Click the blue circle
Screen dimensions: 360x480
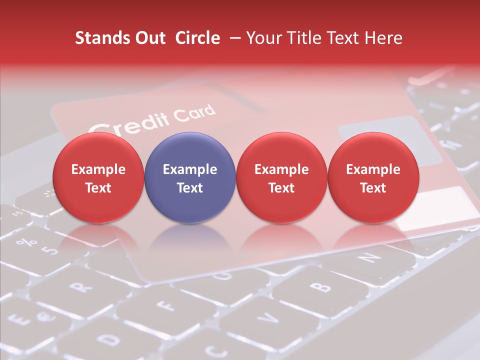pyautogui.click(x=190, y=178)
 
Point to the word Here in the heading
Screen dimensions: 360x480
pyautogui.click(x=384, y=38)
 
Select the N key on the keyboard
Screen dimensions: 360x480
pyautogui.click(x=367, y=257)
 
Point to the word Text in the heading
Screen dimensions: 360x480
pyautogui.click(x=345, y=38)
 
